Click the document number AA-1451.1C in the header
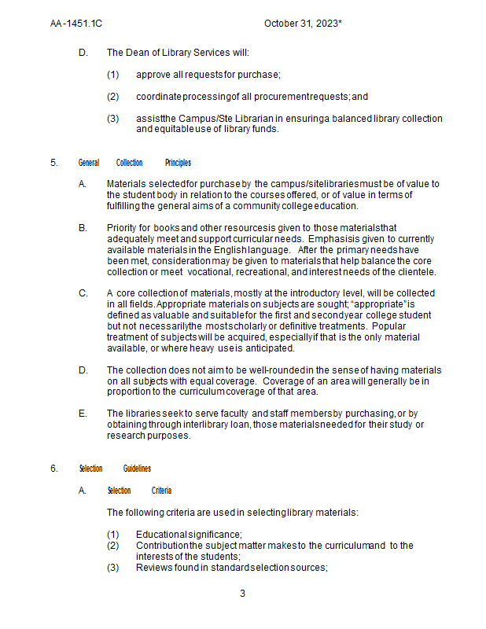[76, 24]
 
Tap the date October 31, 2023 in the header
[303, 24]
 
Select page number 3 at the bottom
[242, 593]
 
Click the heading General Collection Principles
[134, 163]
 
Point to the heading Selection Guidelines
[115, 469]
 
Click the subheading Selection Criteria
[139, 491]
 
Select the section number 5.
[54, 163]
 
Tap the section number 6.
[54, 469]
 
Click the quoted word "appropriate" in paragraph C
[380, 304]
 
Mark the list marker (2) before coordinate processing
[113, 97]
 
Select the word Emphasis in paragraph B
[332, 239]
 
